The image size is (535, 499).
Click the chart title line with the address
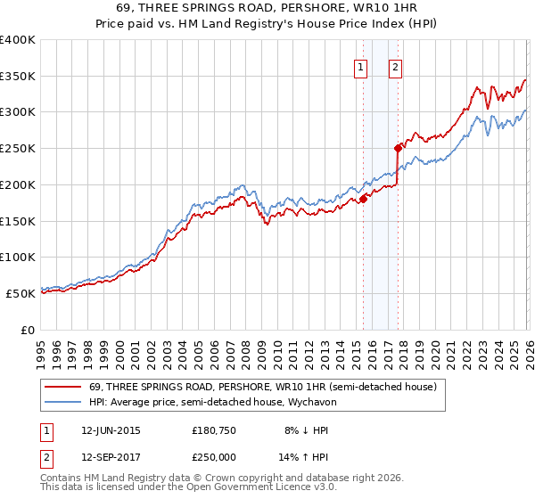[268, 7]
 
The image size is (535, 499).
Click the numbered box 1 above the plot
[361, 66]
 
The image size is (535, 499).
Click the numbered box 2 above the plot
[395, 66]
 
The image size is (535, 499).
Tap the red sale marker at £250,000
[399, 148]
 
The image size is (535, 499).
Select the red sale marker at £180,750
[363, 199]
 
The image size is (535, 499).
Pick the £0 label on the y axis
[27, 330]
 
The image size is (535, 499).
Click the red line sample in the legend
[63, 387]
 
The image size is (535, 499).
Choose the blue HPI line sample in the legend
[63, 402]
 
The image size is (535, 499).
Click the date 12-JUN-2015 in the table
[111, 429]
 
